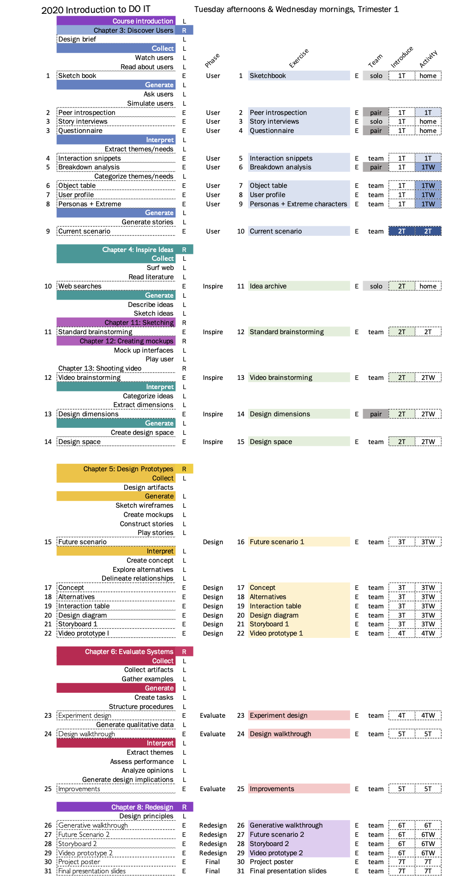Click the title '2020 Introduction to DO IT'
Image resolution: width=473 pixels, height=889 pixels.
click(x=96, y=10)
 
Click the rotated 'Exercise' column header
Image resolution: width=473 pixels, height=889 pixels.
click(x=298, y=59)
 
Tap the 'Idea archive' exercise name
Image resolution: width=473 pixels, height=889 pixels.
click(x=268, y=286)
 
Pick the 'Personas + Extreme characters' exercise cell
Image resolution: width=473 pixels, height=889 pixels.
click(x=298, y=204)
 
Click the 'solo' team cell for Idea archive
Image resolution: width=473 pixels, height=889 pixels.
click(x=376, y=286)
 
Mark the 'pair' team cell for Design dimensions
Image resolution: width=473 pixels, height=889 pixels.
click(x=376, y=414)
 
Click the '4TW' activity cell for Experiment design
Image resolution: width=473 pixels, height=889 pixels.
click(x=428, y=715)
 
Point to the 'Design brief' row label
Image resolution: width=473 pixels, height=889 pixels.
click(x=77, y=39)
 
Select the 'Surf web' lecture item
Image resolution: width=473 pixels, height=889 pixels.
click(x=160, y=268)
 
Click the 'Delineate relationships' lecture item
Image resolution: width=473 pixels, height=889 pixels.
click(x=137, y=578)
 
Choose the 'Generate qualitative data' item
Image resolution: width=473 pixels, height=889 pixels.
click(x=134, y=725)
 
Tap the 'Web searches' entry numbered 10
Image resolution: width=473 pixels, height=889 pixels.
click(x=80, y=286)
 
